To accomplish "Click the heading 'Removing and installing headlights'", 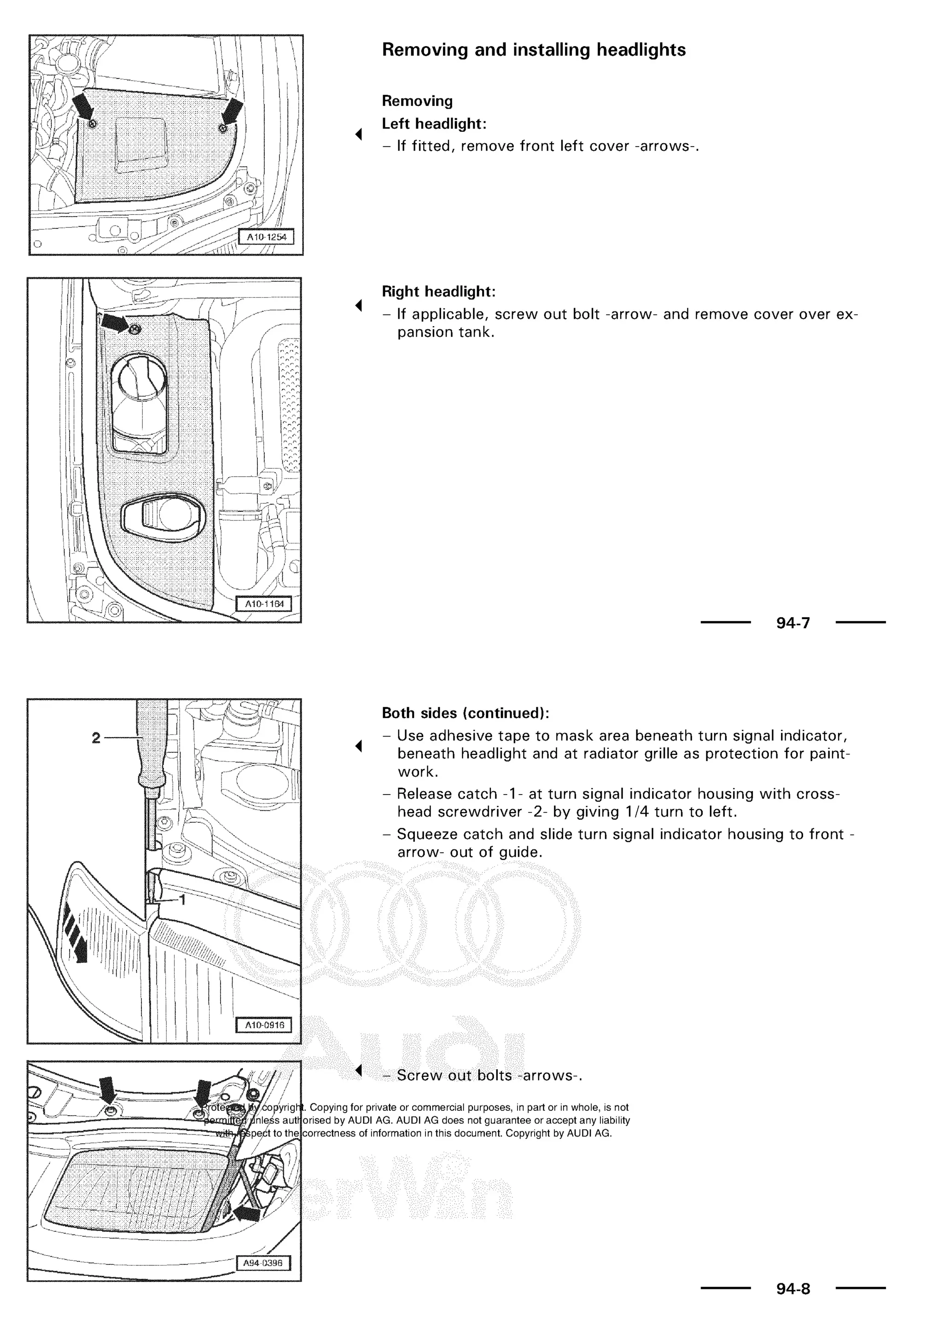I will [x=533, y=50].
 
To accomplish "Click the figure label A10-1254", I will [x=267, y=237].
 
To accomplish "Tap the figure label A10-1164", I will [x=264, y=604].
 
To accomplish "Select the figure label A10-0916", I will [x=264, y=1025].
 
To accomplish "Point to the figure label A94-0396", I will [x=264, y=1263].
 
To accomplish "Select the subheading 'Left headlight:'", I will [x=434, y=124].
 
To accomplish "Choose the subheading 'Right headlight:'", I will [x=438, y=291].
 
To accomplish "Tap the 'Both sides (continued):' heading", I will [x=465, y=713].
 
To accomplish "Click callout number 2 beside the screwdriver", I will [x=96, y=738].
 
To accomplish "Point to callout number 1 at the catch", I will [x=182, y=900].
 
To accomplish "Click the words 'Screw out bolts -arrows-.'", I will [x=489, y=1076].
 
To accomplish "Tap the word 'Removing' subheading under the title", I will [x=417, y=101].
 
